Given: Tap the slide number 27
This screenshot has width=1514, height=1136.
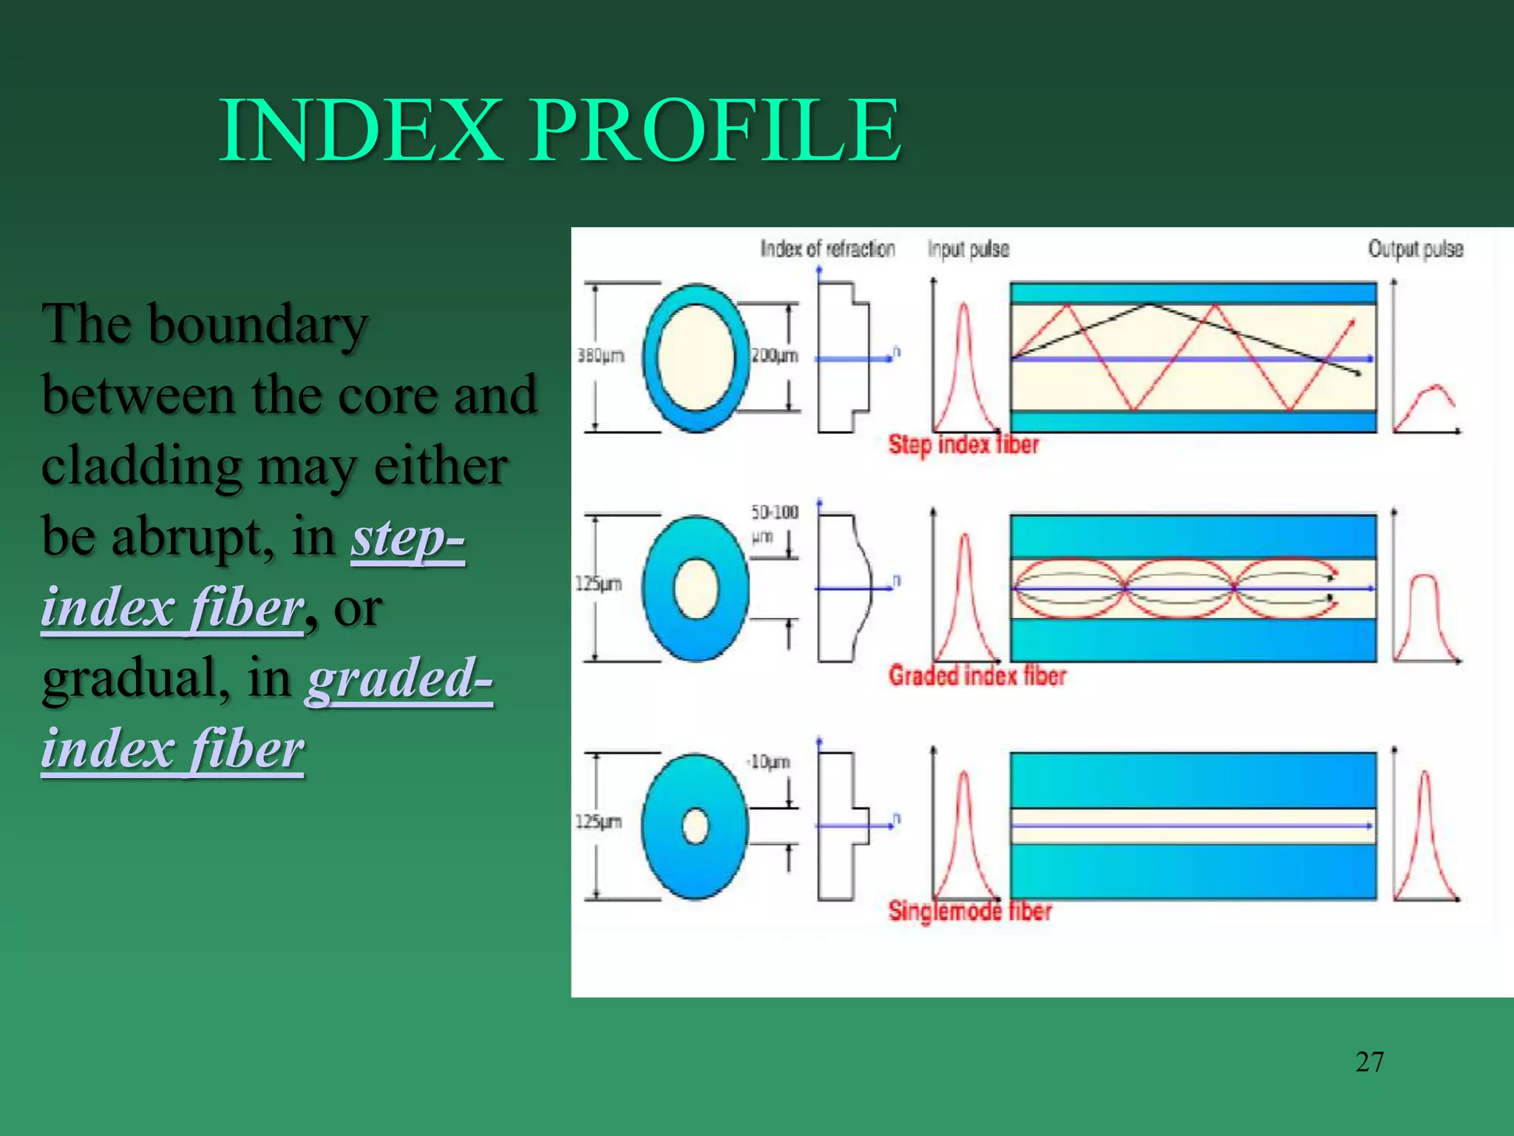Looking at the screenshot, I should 1369,1062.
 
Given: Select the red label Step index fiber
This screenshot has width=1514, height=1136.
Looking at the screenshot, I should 963,444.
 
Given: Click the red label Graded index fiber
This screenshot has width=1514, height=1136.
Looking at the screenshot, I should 977,675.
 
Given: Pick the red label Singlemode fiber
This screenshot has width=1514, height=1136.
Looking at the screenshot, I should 969,910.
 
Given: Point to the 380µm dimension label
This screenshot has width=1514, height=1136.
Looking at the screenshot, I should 600,356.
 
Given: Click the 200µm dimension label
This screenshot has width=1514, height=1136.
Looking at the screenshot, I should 774,356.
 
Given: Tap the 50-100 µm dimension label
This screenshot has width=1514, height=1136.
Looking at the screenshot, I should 774,522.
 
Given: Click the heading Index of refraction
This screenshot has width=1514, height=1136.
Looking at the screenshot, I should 827,249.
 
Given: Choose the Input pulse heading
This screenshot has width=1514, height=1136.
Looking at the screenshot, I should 968,249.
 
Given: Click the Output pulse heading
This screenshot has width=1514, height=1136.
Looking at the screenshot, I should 1415,249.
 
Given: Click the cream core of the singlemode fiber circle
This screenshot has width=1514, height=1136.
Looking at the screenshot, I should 695,826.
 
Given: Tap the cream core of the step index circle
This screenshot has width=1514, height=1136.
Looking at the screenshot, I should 695,357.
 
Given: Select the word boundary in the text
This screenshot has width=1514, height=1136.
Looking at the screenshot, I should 257,324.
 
